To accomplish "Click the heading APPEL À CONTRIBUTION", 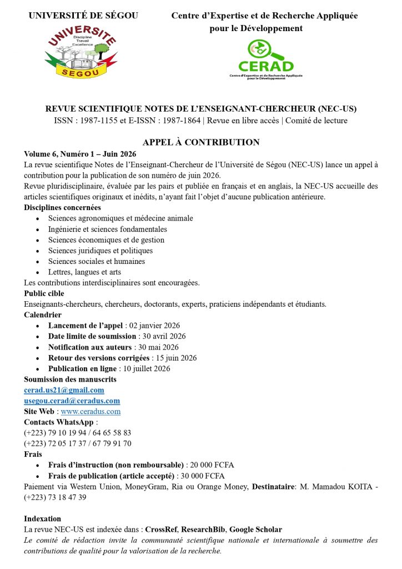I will (x=201, y=142).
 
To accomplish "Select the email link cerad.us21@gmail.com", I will (x=64, y=390).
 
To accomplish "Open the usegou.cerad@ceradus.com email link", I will (x=72, y=401).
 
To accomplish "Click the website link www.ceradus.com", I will (x=91, y=412).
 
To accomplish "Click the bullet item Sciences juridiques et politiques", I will (x=100, y=251).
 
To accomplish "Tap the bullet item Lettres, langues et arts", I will (x=84, y=272).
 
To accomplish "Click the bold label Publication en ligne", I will (x=83, y=368).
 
